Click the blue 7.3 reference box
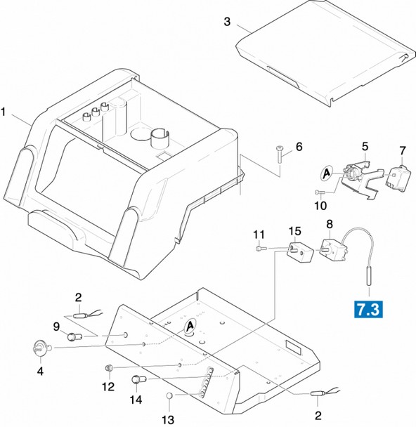pos(368,309)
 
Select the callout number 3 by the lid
pos(227,22)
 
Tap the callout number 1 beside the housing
pos(4,112)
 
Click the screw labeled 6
pos(279,154)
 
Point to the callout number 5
pos(365,147)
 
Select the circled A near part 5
pos(326,173)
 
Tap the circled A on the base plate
pos(190,326)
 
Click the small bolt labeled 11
pos(260,249)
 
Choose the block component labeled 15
pos(299,252)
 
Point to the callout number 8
pos(330,224)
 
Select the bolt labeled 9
pos(74,337)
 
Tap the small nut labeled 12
pos(109,368)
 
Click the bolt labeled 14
pos(139,379)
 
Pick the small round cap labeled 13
pos(169,395)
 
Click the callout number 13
pos(168,420)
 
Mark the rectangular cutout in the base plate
pos(294,347)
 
